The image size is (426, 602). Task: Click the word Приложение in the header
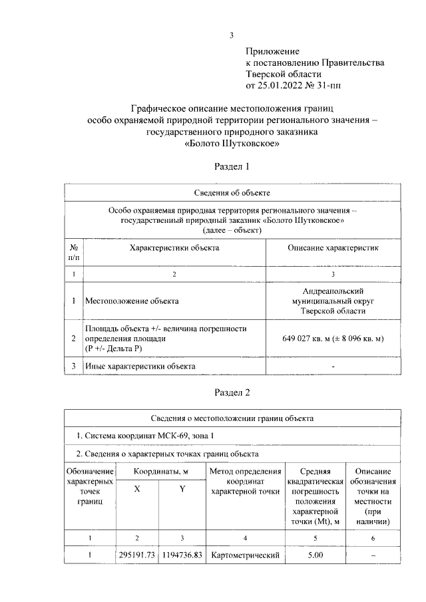pyautogui.click(x=273, y=51)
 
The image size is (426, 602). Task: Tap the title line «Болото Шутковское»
pyautogui.click(x=230, y=143)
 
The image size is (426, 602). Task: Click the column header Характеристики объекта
pyautogui.click(x=174, y=247)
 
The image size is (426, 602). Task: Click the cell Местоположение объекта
pyautogui.click(x=132, y=301)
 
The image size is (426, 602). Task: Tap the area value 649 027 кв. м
pyautogui.click(x=311, y=339)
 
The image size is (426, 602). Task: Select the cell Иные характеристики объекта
pyautogui.click(x=140, y=367)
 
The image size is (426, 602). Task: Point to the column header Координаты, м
pyautogui.click(x=160, y=472)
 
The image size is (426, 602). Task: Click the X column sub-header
pyautogui.click(x=137, y=489)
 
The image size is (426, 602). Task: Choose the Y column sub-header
pyautogui.click(x=182, y=489)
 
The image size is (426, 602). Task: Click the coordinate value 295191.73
pyautogui.click(x=136, y=555)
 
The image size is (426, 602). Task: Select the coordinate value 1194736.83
pyautogui.click(x=182, y=555)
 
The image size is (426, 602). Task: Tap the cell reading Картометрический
pyautogui.click(x=244, y=555)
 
